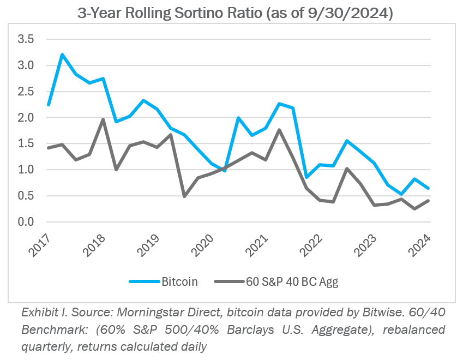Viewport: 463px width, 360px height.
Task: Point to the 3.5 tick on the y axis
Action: [26, 39]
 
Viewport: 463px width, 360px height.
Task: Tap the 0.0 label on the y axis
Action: [26, 222]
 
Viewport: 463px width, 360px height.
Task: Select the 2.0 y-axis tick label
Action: [26, 118]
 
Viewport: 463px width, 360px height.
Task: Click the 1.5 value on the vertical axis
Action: [26, 144]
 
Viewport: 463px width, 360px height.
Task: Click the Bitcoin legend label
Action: [179, 281]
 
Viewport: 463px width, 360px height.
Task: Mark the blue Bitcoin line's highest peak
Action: [62, 55]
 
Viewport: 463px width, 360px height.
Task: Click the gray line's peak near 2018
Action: [103, 119]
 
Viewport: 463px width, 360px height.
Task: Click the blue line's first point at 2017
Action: [49, 105]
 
